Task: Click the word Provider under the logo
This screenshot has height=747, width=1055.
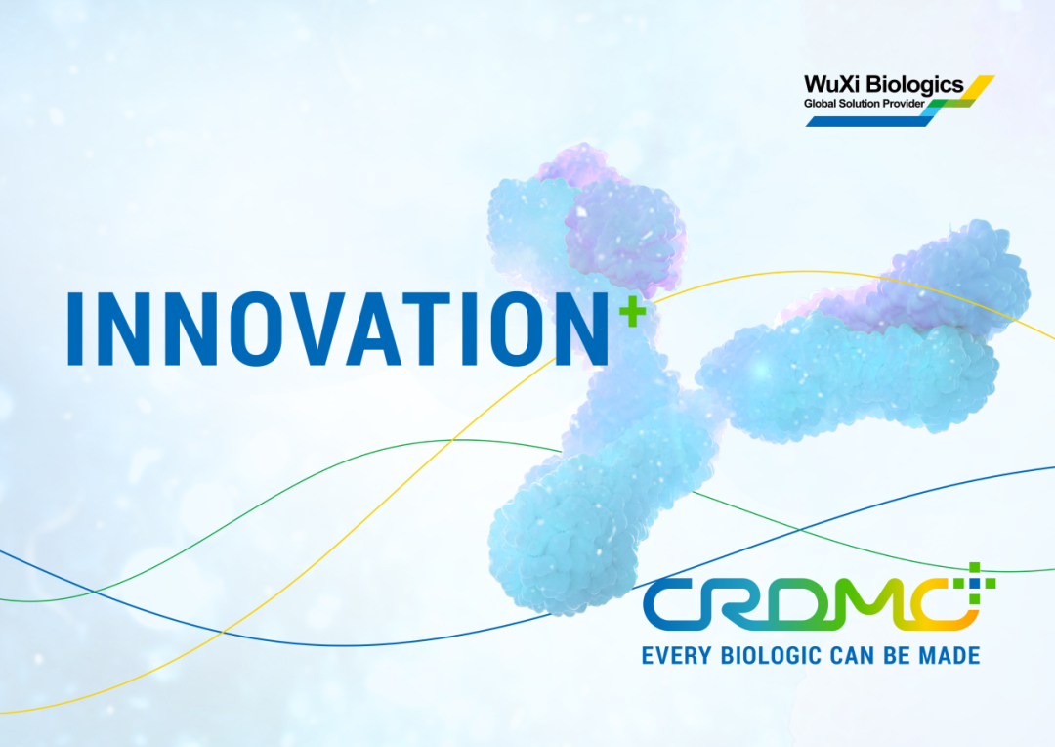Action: (x=904, y=103)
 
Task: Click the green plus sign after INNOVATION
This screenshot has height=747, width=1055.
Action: (x=632, y=312)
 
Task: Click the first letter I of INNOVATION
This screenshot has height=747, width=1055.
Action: (x=75, y=329)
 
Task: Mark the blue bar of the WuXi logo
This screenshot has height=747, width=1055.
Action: (x=869, y=120)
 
